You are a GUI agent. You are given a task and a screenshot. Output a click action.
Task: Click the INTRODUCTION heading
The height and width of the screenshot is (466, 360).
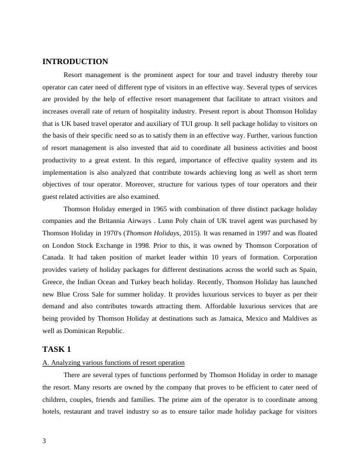[75, 62]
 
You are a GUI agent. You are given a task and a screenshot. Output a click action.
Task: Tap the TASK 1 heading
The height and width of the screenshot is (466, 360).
[56, 349]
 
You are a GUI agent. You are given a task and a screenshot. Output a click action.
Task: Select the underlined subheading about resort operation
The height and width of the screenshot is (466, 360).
[114, 362]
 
